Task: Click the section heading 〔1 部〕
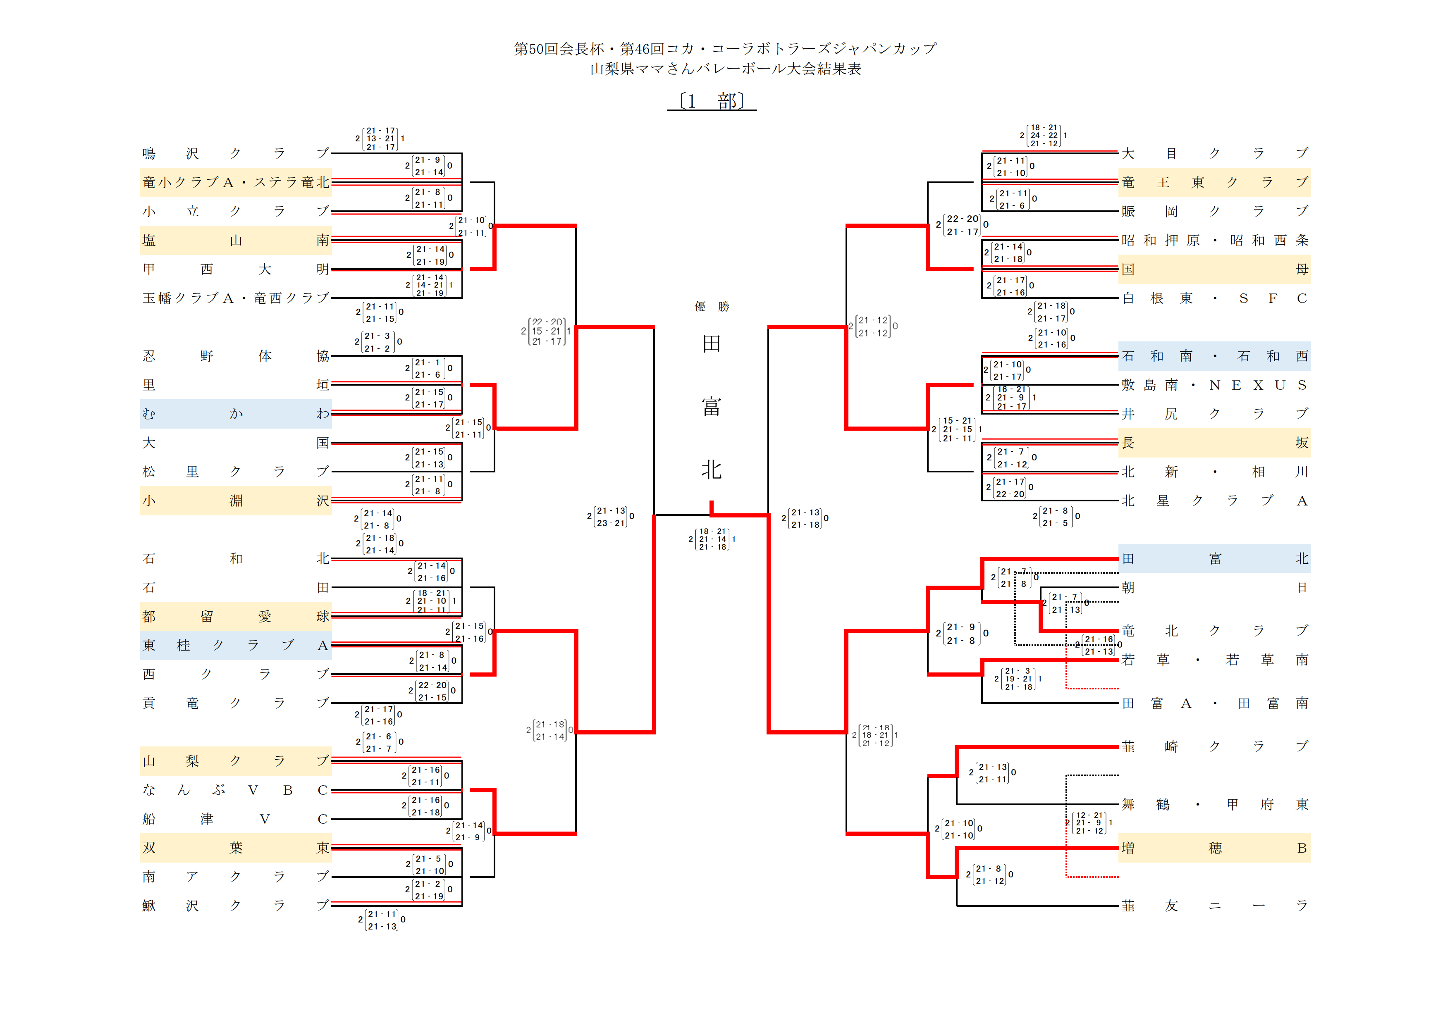pyautogui.click(x=712, y=101)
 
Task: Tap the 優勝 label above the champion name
pyautogui.click(x=712, y=307)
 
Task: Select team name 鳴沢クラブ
pyautogui.click(x=236, y=153)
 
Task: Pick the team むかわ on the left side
pyautogui.click(x=236, y=414)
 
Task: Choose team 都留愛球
pyautogui.click(x=236, y=617)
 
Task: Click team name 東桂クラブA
pyautogui.click(x=236, y=646)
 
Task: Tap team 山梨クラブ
pyautogui.click(x=236, y=761)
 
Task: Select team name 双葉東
pyautogui.click(x=236, y=848)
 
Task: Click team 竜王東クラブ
pyautogui.click(x=1214, y=182)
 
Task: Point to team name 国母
pyautogui.click(x=1214, y=269)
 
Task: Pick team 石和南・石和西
pyautogui.click(x=1214, y=356)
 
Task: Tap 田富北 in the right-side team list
pyautogui.click(x=1214, y=558)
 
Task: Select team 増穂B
pyautogui.click(x=1214, y=848)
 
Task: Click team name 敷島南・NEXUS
pyautogui.click(x=1214, y=385)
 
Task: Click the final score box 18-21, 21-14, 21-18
pyautogui.click(x=712, y=539)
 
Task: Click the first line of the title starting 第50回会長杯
pyautogui.click(x=725, y=49)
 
